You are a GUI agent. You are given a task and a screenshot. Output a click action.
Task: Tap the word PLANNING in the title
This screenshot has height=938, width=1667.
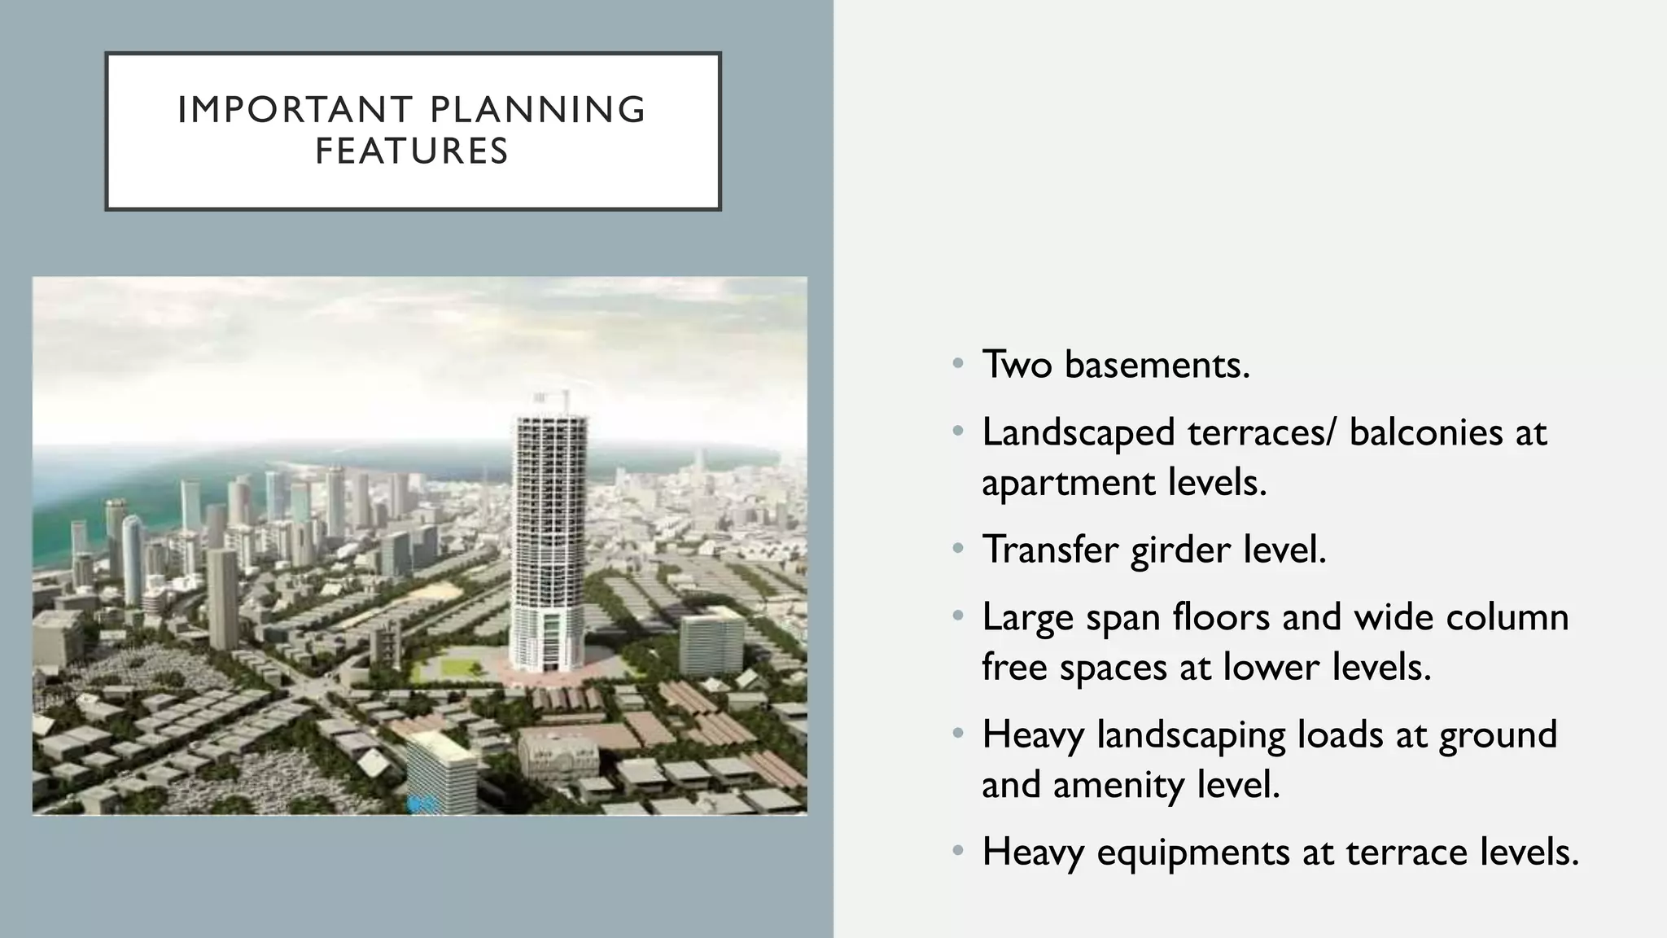[537, 110]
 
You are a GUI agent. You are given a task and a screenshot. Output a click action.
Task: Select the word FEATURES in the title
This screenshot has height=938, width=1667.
[412, 151]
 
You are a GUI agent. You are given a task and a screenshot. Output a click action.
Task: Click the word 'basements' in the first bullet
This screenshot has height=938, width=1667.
[1157, 364]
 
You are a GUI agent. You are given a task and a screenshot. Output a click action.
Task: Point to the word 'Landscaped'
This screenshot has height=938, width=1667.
[1079, 432]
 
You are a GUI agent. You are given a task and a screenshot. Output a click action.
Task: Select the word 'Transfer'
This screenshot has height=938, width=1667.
[1050, 550]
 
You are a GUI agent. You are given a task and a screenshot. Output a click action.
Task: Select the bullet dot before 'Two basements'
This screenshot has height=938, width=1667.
[958, 363]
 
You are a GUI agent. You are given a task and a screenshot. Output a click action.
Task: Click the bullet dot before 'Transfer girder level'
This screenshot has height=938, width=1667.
[958, 549]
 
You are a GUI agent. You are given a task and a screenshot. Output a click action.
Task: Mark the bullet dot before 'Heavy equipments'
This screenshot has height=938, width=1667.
[958, 852]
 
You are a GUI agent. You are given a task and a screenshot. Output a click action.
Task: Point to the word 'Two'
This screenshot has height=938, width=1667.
[1017, 364]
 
